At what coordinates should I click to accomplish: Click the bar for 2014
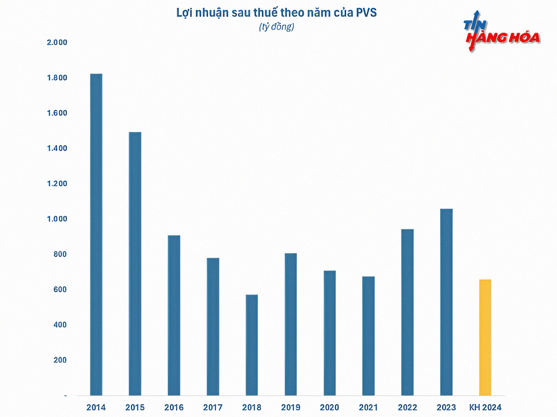pos(96,235)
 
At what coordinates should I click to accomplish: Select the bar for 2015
pos(135,264)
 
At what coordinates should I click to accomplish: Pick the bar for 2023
pos(446,302)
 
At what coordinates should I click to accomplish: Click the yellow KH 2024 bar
pos(485,337)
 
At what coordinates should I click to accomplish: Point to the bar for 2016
pos(174,315)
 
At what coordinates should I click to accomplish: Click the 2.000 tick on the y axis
pos(57,42)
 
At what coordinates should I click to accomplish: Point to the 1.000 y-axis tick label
pos(57,219)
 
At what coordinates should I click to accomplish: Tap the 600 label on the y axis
pos(60,289)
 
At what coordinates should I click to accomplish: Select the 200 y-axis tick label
pos(60,360)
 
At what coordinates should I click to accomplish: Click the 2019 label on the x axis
pos(291,407)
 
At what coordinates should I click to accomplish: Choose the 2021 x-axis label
pos(368,407)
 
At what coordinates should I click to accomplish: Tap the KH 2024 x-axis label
pos(485,407)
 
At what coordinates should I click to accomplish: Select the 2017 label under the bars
pos(213,407)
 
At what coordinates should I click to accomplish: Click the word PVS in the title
pos(366,13)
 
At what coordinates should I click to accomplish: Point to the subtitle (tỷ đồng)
pos(277,27)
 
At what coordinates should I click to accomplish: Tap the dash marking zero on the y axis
pos(65,395)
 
